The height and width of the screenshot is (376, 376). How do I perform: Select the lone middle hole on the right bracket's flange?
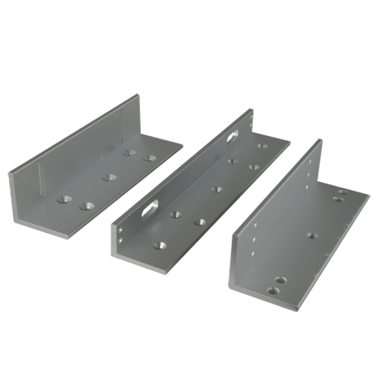click(312, 236)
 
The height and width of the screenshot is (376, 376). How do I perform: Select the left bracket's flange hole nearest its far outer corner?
click(149, 159)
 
